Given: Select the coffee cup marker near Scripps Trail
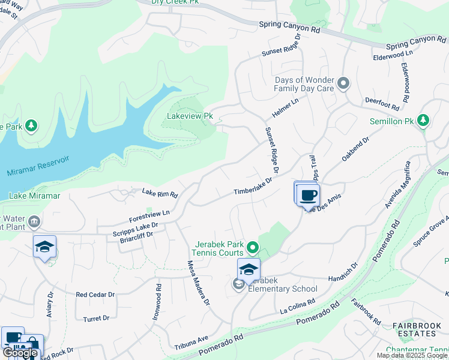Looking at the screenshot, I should click(309, 195).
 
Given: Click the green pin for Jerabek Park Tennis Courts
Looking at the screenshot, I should click(253, 247).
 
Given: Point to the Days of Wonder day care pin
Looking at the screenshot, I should click(343, 83).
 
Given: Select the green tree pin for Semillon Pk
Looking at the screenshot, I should click(423, 120).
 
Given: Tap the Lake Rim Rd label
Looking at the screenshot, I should click(160, 194).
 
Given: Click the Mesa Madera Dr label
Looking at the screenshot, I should click(198, 283).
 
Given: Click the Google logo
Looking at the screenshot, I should click(20, 353).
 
